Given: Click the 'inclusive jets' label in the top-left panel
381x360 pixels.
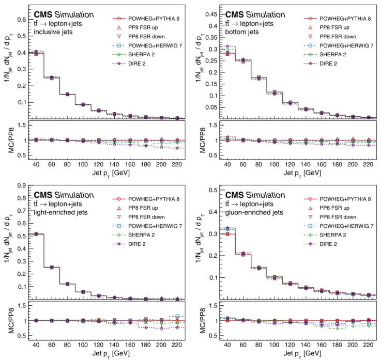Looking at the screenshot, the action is (x=53, y=32).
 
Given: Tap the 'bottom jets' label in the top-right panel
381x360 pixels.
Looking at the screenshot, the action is (x=242, y=32).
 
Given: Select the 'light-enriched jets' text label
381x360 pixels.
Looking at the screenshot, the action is (x=60, y=212).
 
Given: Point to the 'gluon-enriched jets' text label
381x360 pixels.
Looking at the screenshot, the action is (x=254, y=212).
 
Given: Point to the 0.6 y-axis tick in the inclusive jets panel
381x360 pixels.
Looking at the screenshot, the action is (x=22, y=20).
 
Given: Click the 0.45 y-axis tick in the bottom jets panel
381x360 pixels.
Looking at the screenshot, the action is (x=211, y=14).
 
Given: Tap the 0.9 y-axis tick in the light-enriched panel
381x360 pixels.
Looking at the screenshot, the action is (x=22, y=186).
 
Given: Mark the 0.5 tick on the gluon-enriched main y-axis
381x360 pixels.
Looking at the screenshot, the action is (x=213, y=190).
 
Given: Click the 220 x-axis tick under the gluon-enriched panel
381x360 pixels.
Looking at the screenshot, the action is (x=368, y=345).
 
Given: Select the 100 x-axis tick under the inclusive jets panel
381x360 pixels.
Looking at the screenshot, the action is (x=83, y=164).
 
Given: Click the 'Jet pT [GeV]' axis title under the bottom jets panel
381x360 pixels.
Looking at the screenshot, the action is (x=302, y=174).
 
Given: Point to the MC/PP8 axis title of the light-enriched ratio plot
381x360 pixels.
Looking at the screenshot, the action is (x=11, y=321).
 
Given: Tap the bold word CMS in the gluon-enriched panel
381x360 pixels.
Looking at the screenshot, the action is (x=235, y=195).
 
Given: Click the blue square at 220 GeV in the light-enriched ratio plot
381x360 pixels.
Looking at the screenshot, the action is (x=177, y=316).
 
